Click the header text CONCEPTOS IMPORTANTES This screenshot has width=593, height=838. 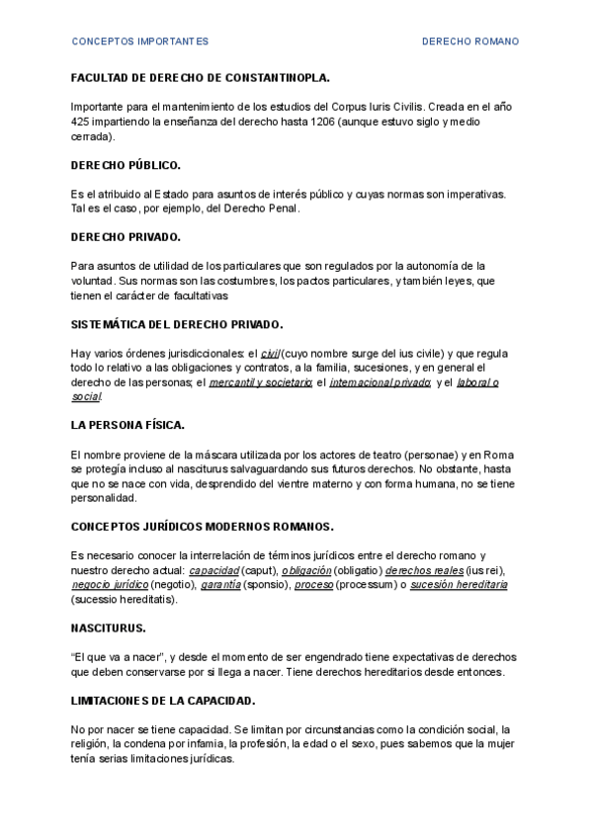coord(139,42)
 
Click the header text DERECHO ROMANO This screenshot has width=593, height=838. coord(470,42)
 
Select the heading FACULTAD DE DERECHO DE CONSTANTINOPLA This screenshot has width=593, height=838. coord(201,77)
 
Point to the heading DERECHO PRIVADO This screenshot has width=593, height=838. coord(126,237)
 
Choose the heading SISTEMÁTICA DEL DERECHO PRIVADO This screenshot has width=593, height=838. coord(177,324)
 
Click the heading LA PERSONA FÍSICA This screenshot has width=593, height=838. coord(127,425)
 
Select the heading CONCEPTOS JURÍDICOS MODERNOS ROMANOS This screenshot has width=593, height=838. coord(202,527)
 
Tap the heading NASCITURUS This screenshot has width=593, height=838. coord(108,628)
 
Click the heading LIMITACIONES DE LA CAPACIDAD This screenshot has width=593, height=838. coord(163,701)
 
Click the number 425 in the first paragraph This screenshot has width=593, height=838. coord(82,122)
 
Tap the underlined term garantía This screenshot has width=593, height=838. coord(220,585)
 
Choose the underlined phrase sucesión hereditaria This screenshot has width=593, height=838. coord(458,585)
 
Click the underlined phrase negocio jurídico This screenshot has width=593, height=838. coord(109,585)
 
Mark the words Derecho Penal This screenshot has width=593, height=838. coord(264,209)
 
